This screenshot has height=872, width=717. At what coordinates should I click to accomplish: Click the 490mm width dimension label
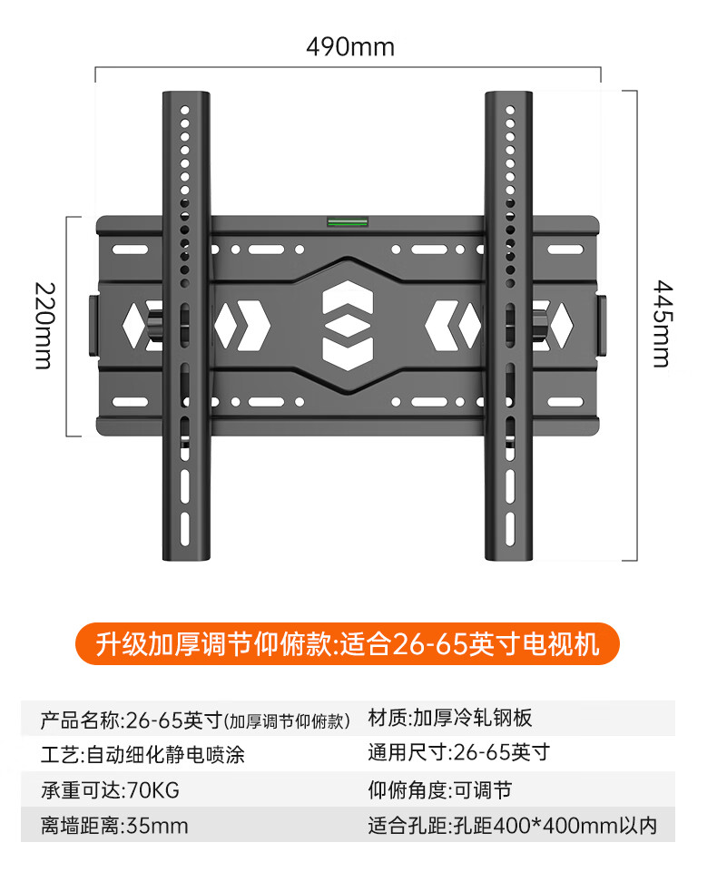click(349, 46)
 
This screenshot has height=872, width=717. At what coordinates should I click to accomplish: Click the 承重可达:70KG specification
click(110, 789)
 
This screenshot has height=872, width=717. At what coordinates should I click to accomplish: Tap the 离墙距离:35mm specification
click(114, 826)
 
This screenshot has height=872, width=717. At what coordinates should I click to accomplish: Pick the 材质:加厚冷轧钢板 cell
click(450, 718)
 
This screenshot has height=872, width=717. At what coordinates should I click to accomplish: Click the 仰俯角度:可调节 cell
click(439, 789)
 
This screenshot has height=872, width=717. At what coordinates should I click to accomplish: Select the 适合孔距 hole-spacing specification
click(512, 826)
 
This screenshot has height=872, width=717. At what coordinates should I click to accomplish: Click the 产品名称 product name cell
click(195, 720)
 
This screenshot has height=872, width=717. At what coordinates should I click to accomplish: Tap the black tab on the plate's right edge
click(602, 325)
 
